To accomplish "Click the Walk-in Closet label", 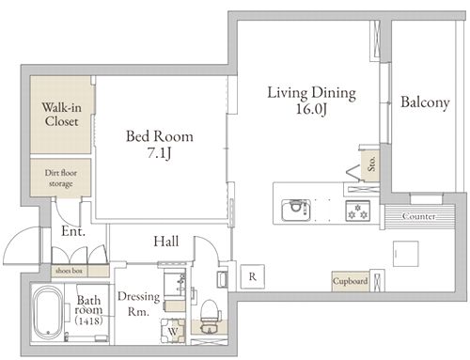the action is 61,115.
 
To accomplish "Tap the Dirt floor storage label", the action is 61,178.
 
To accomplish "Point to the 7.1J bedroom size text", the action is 160,153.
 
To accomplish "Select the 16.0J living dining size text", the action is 312,109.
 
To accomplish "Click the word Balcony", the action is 425,102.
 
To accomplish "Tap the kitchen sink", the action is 296,210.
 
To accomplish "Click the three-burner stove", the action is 357,211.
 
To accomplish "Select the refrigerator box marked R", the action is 252,276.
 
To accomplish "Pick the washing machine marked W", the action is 173,331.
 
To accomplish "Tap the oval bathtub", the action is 48,313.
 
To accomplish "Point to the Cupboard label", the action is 350,281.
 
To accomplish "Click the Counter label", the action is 419,216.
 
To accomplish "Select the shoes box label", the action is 69,271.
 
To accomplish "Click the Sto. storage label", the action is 371,164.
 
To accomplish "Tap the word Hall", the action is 166,242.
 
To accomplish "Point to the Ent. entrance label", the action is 73,231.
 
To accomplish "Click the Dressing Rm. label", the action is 138,304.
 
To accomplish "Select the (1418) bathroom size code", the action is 89,321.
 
